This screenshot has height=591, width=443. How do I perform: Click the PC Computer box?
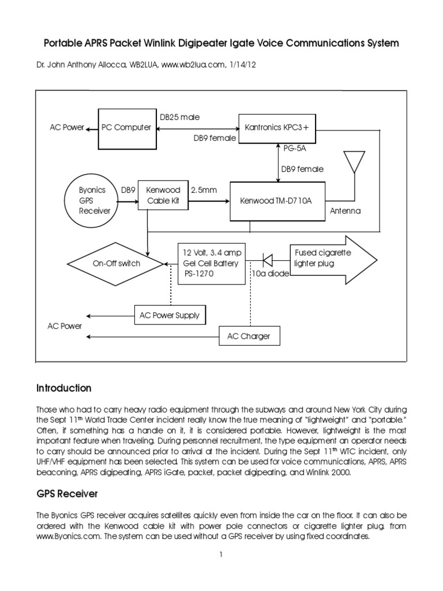point(126,127)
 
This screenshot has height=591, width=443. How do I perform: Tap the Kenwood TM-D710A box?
point(277,201)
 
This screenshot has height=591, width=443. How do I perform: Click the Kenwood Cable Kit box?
point(163,195)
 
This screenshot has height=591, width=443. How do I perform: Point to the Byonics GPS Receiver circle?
point(93,200)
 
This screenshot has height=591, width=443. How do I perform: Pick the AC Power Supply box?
point(170,315)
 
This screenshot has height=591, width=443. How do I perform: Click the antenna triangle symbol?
point(352,162)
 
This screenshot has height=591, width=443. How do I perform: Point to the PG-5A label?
point(295,148)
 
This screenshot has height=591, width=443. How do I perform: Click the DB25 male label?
point(179,117)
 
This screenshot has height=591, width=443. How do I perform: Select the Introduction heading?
point(63,388)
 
